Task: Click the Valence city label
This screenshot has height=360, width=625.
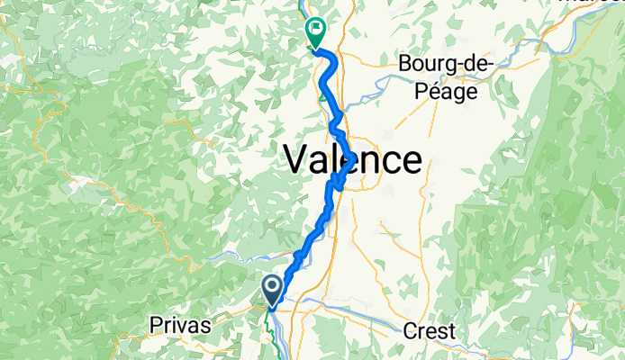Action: click(352, 161)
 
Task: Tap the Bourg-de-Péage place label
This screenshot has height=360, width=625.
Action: click(443, 78)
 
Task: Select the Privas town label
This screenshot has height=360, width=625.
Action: click(182, 326)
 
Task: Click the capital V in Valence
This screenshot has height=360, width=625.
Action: click(297, 161)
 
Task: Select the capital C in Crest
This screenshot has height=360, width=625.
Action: click(411, 330)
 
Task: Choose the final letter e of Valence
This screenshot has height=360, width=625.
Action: click(411, 161)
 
